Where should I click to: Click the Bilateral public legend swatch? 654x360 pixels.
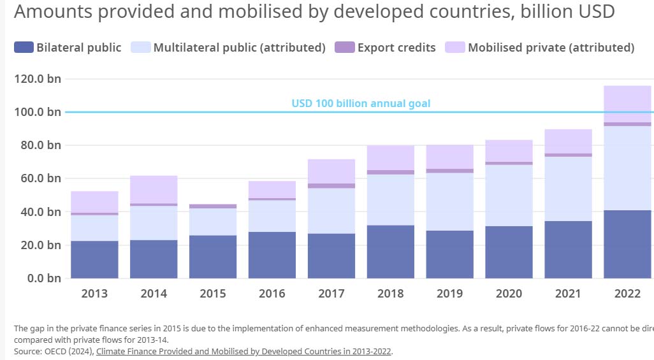tap(24, 47)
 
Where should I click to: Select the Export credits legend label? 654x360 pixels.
tap(396, 47)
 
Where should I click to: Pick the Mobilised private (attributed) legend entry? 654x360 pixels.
tap(551, 47)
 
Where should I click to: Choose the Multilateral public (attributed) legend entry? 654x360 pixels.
tap(239, 47)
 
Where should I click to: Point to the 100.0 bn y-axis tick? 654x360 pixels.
tap(36, 112)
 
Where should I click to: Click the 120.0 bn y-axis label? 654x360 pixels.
tap(36, 79)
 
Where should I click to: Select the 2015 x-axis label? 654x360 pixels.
tap(213, 294)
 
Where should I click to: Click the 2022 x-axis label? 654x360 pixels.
tap(627, 294)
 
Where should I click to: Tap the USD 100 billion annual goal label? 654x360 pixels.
tap(361, 103)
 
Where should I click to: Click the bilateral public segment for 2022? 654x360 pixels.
tap(627, 244)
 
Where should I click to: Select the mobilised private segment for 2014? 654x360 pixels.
tap(154, 189)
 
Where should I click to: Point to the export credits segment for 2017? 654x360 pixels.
tap(331, 186)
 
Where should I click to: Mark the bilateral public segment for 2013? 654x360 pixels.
tap(94, 259)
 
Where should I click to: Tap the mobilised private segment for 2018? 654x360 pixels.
tap(391, 158)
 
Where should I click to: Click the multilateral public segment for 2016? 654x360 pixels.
tap(272, 216)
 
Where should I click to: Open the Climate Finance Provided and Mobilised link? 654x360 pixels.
tap(243, 351)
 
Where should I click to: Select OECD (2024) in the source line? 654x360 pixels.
tap(68, 351)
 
